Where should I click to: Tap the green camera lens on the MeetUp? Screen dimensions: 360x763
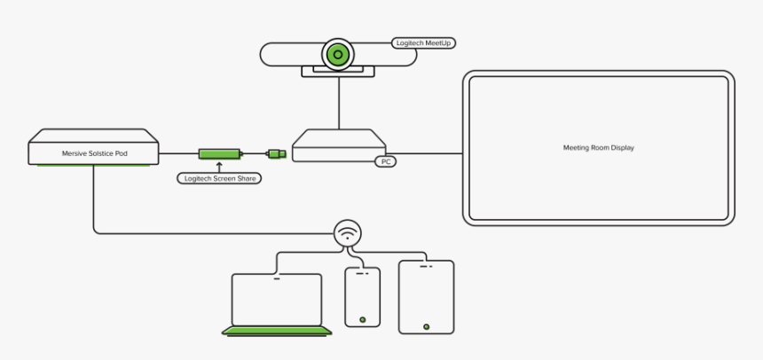tap(337, 54)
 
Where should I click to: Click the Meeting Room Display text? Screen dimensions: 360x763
tap(599, 148)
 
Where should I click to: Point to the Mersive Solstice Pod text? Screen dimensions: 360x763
tap(94, 153)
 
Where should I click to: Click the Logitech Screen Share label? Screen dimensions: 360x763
tap(219, 178)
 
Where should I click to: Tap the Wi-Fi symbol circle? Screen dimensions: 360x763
tap(348, 233)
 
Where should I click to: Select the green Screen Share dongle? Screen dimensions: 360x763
tap(219, 154)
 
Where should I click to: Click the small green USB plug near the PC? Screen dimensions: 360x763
tap(277, 154)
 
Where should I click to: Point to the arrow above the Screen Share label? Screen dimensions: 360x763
tap(219, 166)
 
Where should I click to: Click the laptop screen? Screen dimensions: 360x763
tap(276, 300)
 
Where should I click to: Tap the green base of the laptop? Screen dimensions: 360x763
tap(277, 332)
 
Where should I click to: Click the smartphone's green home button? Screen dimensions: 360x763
tap(362, 319)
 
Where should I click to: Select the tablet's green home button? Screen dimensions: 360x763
tap(426, 326)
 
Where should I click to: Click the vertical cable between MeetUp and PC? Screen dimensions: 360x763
tap(338, 102)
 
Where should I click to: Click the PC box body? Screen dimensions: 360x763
tap(339, 145)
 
